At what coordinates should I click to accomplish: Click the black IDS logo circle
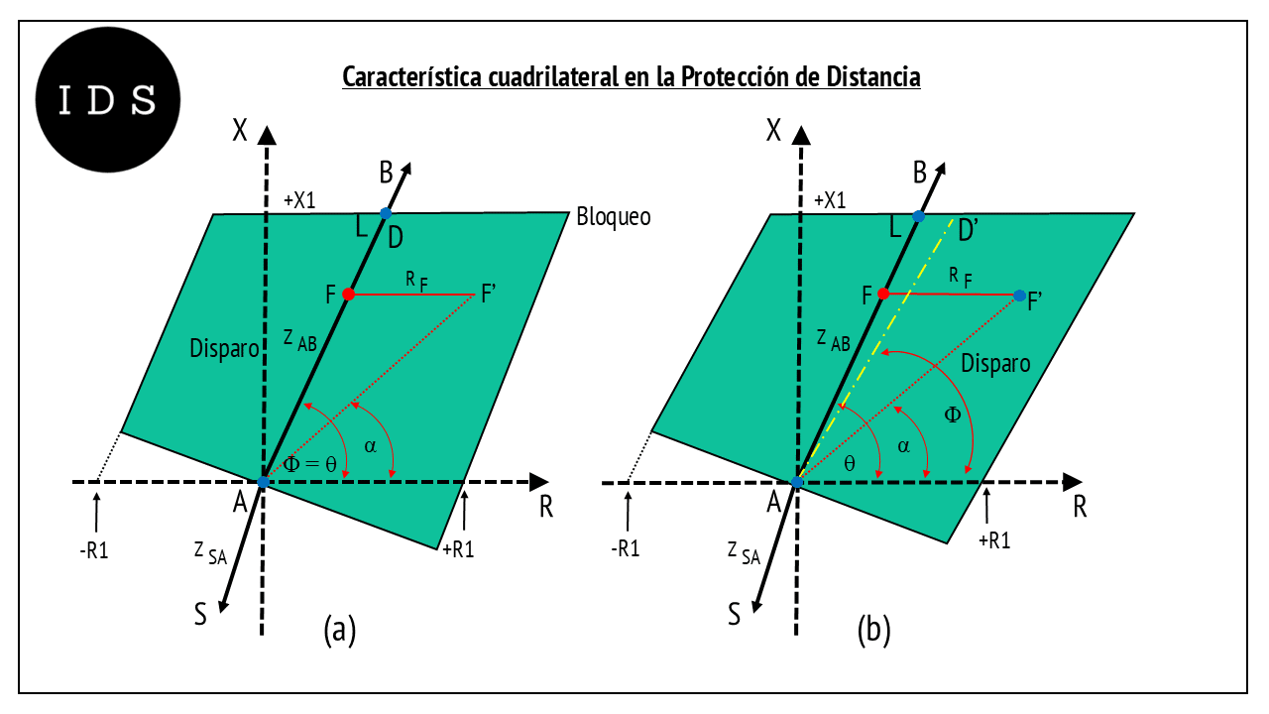(x=108, y=100)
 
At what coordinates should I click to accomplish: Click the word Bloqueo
(x=613, y=217)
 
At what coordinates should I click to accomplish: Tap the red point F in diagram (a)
(x=348, y=295)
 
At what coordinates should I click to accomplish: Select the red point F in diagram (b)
(x=882, y=294)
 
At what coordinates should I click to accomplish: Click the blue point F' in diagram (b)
(x=1019, y=296)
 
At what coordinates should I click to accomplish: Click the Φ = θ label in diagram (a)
(x=310, y=464)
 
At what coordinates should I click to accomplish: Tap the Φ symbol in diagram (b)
(x=953, y=415)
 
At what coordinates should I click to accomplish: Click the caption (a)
(x=339, y=629)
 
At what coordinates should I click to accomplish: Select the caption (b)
(x=873, y=629)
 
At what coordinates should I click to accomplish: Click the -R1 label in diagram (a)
(x=94, y=550)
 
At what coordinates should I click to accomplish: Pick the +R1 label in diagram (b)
(x=994, y=540)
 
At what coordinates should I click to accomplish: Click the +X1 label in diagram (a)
(x=299, y=200)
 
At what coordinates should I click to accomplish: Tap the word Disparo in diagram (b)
(x=995, y=363)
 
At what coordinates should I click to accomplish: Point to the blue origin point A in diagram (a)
(x=263, y=482)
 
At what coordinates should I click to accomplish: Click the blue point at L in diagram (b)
(x=918, y=216)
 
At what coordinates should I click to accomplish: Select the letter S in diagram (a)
(x=200, y=614)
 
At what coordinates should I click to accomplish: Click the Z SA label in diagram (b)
(x=744, y=553)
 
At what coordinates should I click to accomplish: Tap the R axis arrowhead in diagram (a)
(x=538, y=482)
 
